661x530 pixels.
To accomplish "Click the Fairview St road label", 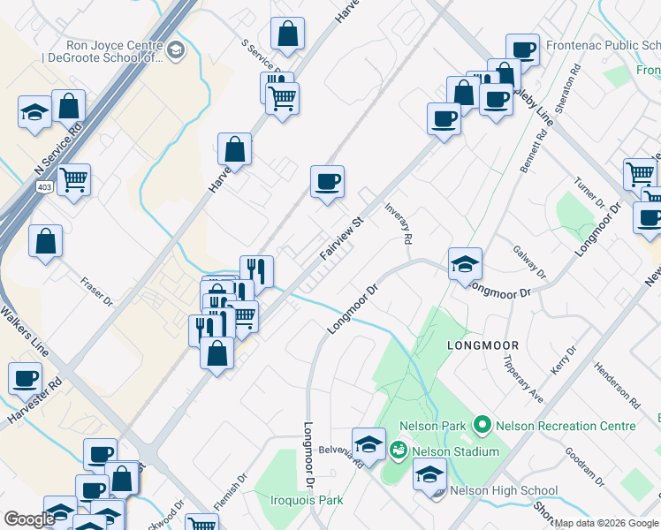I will tap(342, 238).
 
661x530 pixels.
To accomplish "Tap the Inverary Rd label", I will tap(399, 223).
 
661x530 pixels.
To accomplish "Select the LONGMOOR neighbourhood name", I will tap(482, 344).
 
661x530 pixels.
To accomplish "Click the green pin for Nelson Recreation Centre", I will tap(482, 426).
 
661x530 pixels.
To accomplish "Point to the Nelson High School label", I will tap(504, 491).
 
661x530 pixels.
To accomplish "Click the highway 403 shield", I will tap(44, 187).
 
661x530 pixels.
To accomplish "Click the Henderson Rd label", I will tap(617, 384).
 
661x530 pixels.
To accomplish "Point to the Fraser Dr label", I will tap(96, 291).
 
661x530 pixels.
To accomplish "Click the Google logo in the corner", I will tap(29, 519).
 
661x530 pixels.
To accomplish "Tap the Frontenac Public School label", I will tap(602, 44).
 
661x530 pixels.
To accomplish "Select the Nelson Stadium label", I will tap(460, 451).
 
